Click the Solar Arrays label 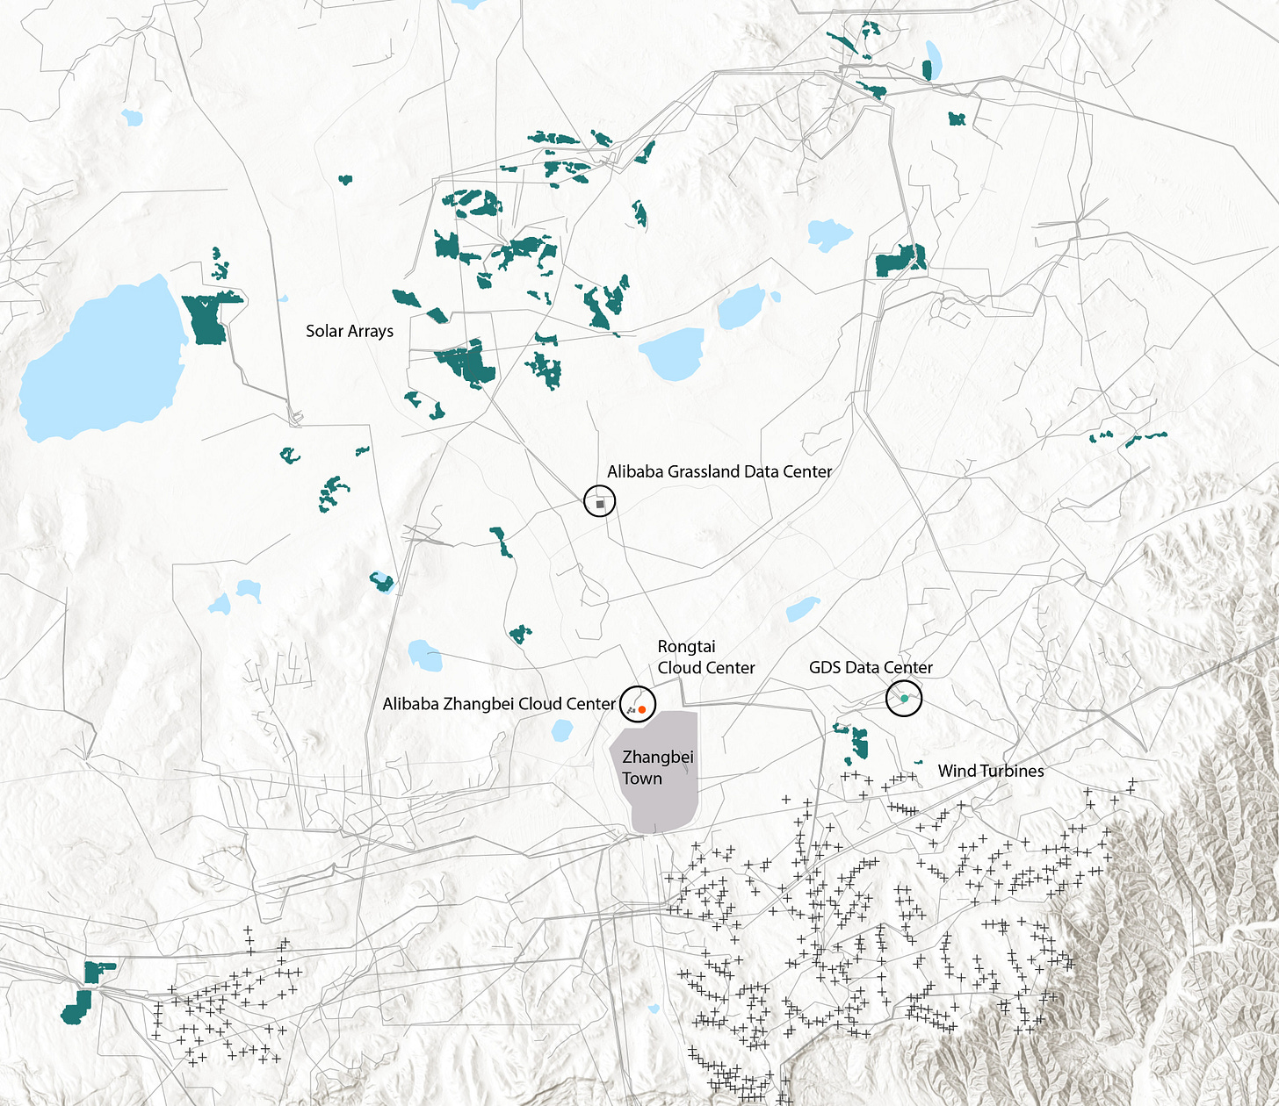click(350, 331)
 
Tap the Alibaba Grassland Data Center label click(719, 471)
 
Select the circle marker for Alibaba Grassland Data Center click(600, 502)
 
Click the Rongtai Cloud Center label click(705, 657)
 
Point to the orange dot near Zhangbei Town click(642, 708)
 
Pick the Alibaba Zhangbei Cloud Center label click(499, 704)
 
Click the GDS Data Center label click(871, 668)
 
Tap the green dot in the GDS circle click(904, 699)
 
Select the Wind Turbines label click(991, 771)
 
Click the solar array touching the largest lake click(209, 319)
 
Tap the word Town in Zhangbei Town click(642, 779)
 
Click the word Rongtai click(686, 647)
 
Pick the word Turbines click(1012, 771)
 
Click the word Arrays click(371, 331)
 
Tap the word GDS click(825, 668)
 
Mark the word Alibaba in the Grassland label click(635, 471)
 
